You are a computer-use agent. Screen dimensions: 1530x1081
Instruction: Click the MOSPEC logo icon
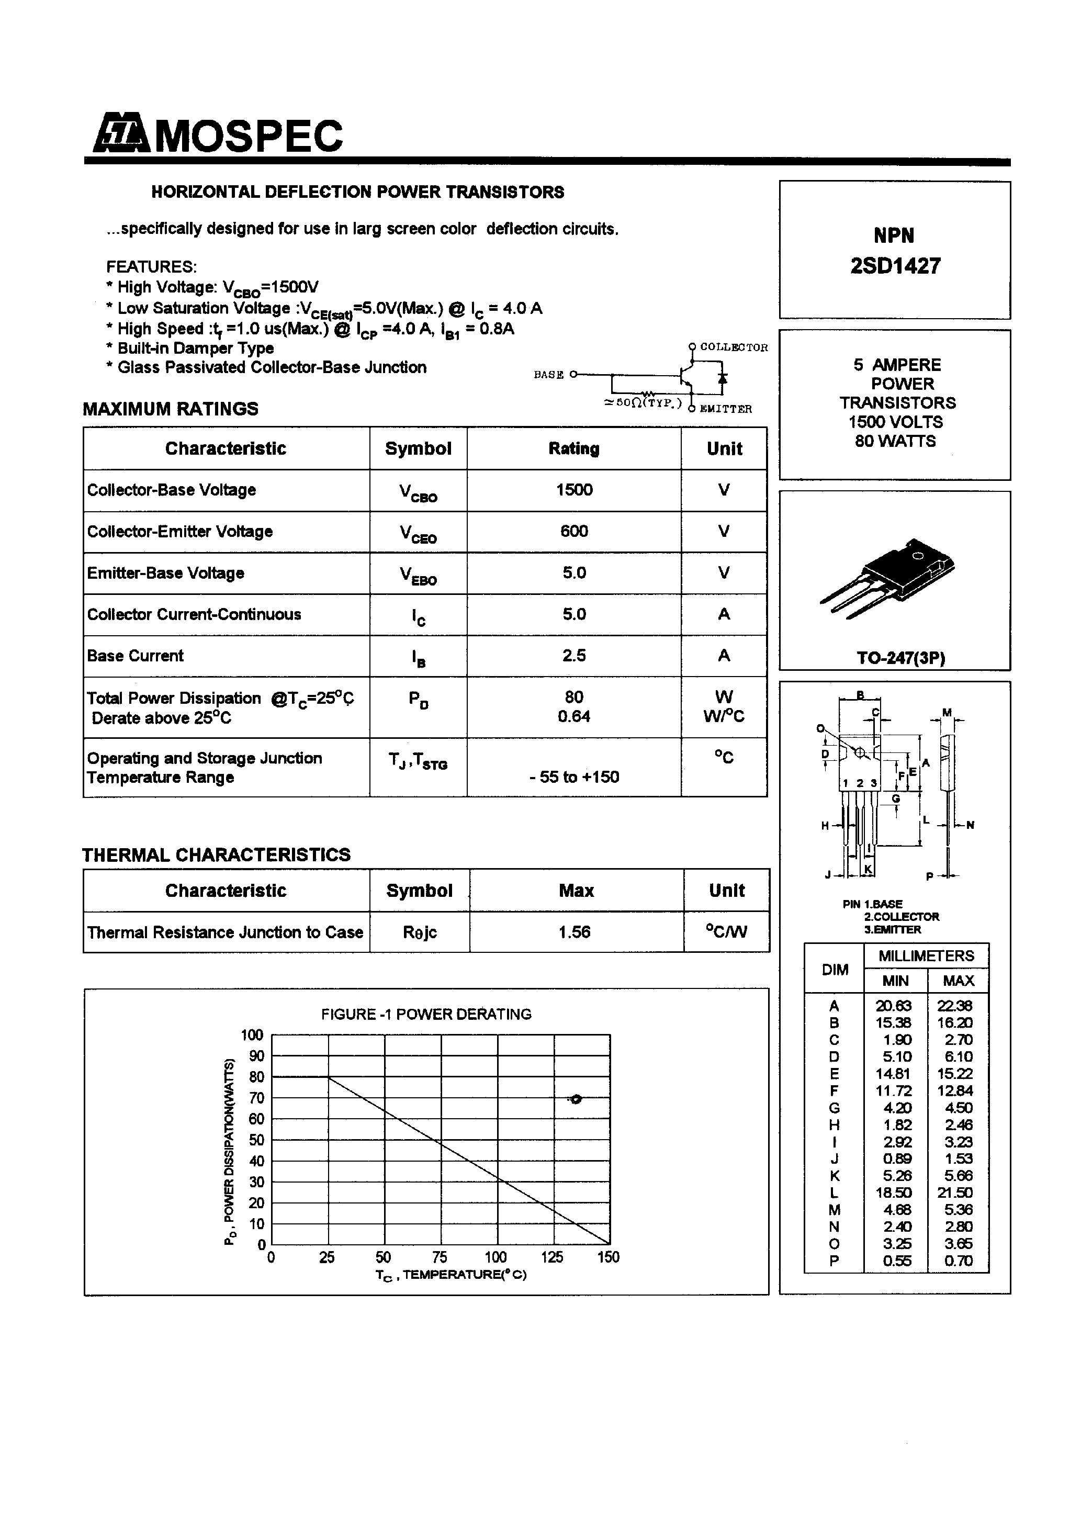[x=121, y=134]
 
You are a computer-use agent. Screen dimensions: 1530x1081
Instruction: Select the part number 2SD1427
[x=895, y=266]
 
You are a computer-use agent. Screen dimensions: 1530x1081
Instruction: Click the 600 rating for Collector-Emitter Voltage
[x=574, y=531]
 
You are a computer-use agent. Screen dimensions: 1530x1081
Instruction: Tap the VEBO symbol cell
[x=418, y=575]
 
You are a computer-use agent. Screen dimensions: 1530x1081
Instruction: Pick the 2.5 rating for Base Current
[x=574, y=656]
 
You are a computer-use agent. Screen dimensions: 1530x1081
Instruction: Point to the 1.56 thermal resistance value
[x=575, y=932]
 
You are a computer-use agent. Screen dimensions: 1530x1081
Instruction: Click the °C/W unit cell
[x=726, y=932]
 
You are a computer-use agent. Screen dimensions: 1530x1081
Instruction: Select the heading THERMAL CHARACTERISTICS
[x=216, y=855]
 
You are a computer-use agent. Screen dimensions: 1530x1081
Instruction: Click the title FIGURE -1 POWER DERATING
[x=426, y=1014]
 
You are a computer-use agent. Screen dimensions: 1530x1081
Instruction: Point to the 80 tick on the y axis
[x=256, y=1077]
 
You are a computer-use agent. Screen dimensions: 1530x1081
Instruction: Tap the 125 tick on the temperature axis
[x=552, y=1257]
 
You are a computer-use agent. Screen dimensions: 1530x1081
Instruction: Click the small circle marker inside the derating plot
[x=577, y=1099]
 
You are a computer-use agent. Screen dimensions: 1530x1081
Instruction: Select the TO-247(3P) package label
[x=900, y=658]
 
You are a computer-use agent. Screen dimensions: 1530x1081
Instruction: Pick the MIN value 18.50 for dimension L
[x=894, y=1193]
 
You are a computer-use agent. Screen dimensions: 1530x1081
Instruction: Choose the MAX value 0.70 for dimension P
[x=958, y=1261]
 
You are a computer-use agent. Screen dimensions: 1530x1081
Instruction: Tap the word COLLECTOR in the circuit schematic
[x=734, y=347]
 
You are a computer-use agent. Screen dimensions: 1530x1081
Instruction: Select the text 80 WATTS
[x=895, y=441]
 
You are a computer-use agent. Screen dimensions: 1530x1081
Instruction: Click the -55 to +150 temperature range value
[x=574, y=777]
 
